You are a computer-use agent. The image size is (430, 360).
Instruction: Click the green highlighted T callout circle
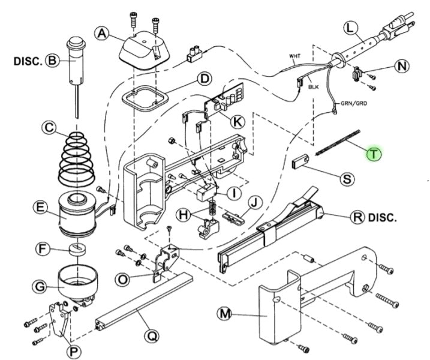[x=374, y=154]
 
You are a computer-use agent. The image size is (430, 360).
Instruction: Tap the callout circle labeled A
[x=103, y=35]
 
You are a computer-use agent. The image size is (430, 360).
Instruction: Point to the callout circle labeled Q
[x=152, y=337]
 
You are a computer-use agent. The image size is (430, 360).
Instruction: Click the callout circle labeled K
[x=237, y=121]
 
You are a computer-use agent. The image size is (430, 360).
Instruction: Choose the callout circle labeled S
[x=347, y=178]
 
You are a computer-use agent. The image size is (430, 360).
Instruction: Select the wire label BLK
[x=314, y=87]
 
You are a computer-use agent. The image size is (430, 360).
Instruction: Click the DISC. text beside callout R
[x=382, y=217]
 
